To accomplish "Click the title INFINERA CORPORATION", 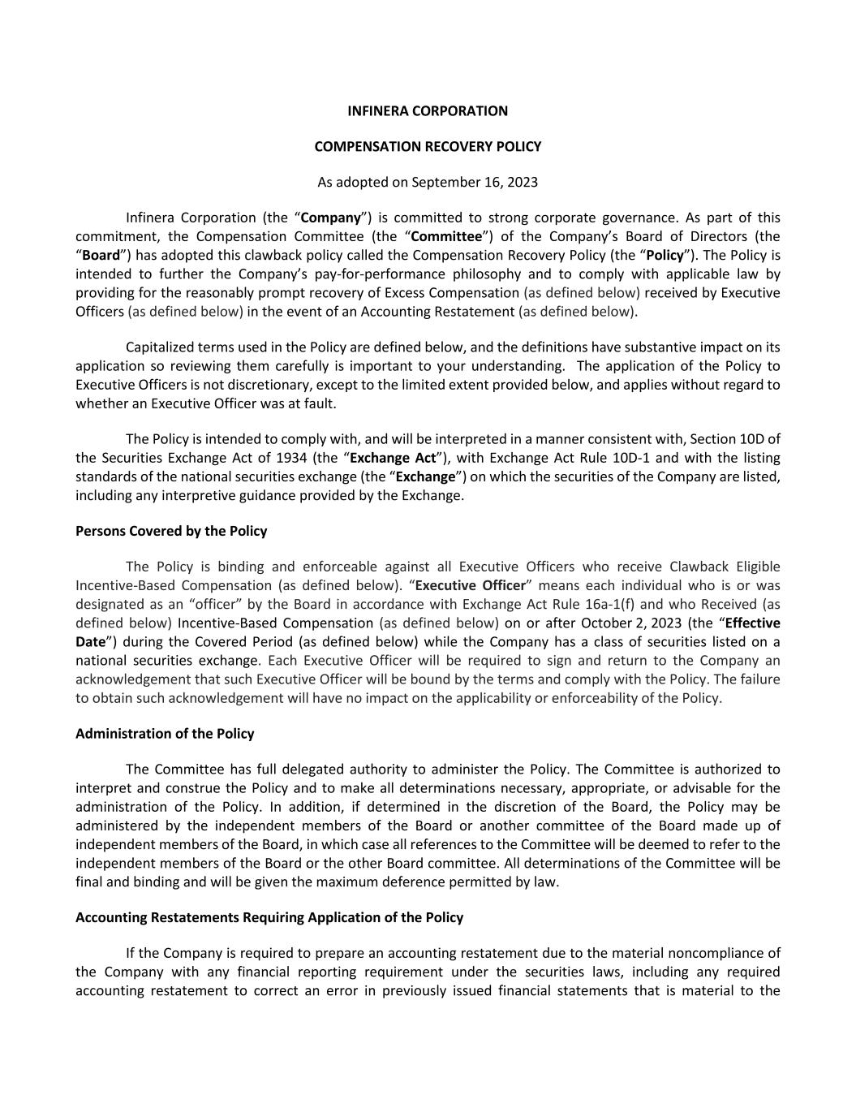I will pos(428,111).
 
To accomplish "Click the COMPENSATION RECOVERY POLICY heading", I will pos(428,147).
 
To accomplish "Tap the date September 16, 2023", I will pos(475,182).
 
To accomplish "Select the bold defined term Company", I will pos(331,218).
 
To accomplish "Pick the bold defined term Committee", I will pos(446,236).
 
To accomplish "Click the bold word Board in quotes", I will pos(98,255).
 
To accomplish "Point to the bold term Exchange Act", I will pos(393,458).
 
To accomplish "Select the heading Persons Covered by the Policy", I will pos(171,531).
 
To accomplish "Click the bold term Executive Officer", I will pos(471,585).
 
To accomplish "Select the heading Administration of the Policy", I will pos(165,734).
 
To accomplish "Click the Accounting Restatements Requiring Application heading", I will pos(269,917).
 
